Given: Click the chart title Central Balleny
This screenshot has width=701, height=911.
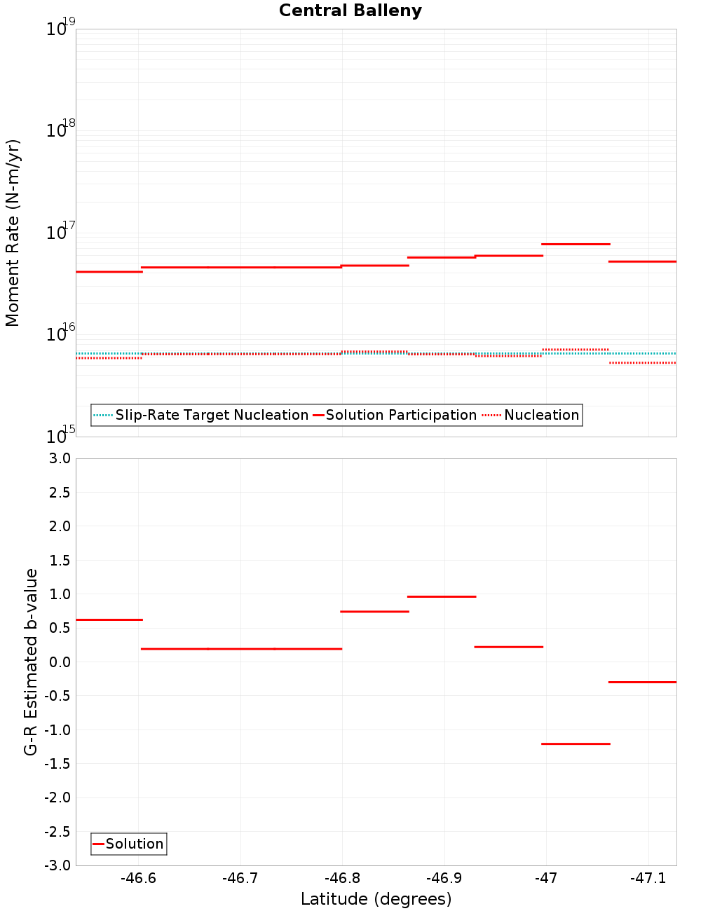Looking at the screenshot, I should (350, 11).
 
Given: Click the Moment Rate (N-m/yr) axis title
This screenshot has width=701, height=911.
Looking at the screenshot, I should (13, 233).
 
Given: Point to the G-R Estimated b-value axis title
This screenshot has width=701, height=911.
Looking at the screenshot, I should (31, 662).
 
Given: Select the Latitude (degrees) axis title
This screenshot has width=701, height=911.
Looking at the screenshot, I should (376, 899).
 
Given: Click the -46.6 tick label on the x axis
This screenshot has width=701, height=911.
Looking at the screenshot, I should (138, 878).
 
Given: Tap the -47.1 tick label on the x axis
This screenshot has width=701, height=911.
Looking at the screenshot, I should (648, 878).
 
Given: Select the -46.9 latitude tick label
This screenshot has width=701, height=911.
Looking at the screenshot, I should (444, 878).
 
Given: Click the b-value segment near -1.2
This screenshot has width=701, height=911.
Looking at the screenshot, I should (576, 744).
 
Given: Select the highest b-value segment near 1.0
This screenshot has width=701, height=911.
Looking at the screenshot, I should (442, 596).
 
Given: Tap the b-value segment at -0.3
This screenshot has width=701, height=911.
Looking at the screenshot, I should (642, 682).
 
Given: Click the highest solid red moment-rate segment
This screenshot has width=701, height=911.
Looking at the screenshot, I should (576, 244).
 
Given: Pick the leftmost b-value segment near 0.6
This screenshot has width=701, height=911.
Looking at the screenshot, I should (109, 619).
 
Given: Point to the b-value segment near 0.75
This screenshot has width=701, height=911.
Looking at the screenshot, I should (374, 612).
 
